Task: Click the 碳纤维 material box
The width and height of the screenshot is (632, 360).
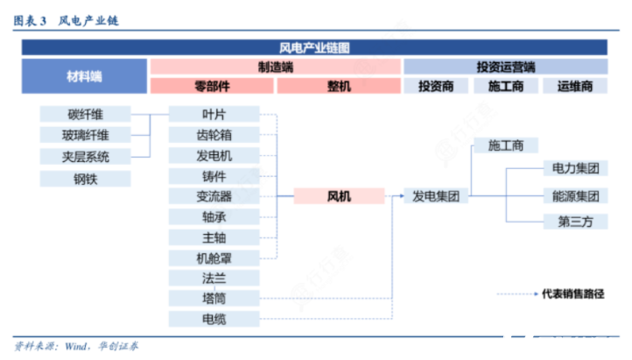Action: [85, 114]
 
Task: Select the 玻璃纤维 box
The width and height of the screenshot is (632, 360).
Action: [85, 135]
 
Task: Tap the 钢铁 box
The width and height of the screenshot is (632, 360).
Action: [85, 179]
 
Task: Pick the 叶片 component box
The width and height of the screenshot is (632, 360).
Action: [214, 114]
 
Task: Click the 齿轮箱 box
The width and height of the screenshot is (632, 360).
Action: [214, 135]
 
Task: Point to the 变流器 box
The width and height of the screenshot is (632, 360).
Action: [214, 196]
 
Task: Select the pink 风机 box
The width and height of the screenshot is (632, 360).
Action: [339, 196]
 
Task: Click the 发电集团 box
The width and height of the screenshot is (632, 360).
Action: [436, 196]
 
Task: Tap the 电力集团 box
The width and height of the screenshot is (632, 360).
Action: [575, 168]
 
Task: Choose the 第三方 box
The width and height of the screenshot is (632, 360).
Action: [575, 222]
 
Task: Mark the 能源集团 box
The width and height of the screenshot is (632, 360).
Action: [575, 196]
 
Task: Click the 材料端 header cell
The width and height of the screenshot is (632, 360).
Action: [84, 76]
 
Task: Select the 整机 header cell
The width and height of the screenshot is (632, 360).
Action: [339, 86]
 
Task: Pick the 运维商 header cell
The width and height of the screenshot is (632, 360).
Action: [575, 86]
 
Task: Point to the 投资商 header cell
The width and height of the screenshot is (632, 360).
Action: [436, 86]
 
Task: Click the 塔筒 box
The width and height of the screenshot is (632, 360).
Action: [214, 299]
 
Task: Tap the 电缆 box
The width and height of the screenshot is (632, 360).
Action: [214, 319]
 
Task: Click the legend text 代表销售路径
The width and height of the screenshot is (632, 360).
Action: [572, 294]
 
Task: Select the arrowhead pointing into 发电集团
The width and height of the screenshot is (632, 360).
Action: [402, 196]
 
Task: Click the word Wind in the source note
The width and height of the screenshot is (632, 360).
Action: [76, 346]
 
